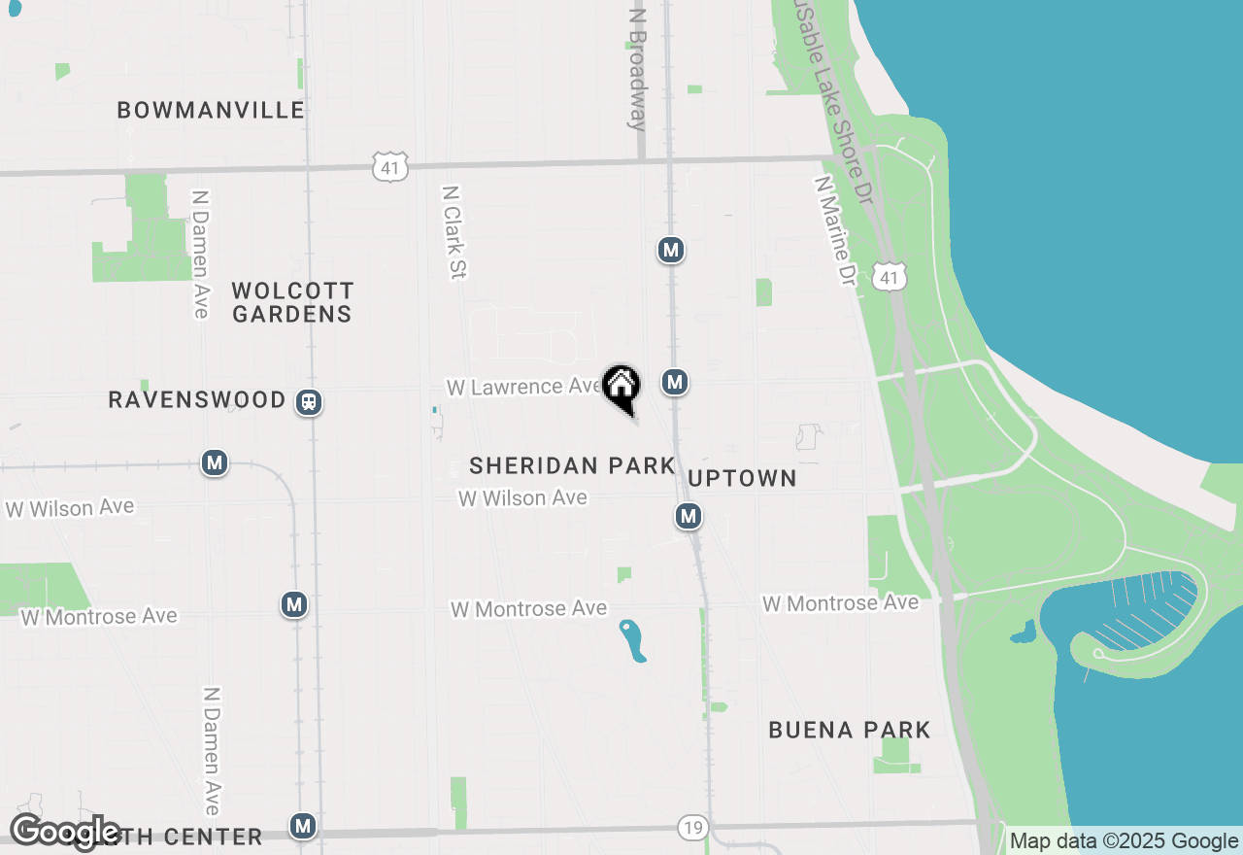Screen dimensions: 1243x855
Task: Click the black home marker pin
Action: pos(621,388)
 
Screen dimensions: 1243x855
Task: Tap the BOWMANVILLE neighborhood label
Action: pos(211,110)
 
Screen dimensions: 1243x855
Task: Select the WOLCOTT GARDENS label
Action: pos(292,302)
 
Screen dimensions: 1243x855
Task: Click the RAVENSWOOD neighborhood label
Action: pos(197,399)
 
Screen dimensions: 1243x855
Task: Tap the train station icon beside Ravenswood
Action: pos(310,401)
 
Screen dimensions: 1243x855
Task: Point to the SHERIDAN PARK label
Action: pos(572,465)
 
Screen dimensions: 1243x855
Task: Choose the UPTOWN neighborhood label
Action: pos(742,478)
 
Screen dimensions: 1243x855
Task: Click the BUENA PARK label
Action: pos(850,730)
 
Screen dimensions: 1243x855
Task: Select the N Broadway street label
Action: pos(637,70)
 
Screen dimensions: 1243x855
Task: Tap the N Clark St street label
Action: pos(454,232)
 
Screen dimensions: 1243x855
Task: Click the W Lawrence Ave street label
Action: pos(524,387)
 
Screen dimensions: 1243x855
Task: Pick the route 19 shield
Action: pos(691,828)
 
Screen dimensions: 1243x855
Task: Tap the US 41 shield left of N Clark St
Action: pos(389,166)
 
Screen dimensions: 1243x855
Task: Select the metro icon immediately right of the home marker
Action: pos(675,382)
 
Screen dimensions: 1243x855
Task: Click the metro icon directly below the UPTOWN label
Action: pos(689,516)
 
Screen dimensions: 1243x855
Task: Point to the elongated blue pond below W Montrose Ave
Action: pos(633,640)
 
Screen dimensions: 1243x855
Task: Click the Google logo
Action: pos(65,833)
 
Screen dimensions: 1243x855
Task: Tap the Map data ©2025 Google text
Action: pos(1124,841)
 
